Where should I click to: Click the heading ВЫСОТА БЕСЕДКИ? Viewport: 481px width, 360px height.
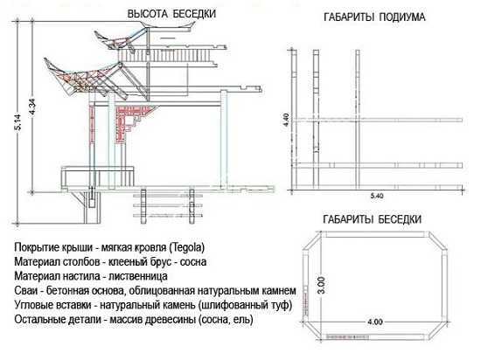171,14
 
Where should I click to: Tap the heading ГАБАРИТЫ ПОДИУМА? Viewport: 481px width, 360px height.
374,17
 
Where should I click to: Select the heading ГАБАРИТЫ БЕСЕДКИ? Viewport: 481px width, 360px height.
372,219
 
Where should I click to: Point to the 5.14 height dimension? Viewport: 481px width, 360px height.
18,122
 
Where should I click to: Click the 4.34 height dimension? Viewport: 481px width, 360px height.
31,107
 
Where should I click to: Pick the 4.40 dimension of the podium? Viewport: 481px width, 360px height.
286,120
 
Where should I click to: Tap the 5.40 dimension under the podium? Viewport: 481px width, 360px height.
376,196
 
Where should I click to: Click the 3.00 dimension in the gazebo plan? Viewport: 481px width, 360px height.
321,285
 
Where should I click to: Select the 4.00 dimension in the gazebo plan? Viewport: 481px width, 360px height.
375,322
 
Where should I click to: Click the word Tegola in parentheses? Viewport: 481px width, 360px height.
187,247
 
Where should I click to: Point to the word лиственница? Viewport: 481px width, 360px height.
138,276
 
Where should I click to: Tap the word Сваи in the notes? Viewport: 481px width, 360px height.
25,290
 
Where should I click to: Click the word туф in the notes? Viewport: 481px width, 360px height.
279,305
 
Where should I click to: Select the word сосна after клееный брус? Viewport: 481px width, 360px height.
193,261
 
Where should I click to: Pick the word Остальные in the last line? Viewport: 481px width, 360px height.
38,319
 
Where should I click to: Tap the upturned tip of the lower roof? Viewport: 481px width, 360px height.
45,59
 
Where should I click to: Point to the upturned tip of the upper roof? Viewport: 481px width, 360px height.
95,31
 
